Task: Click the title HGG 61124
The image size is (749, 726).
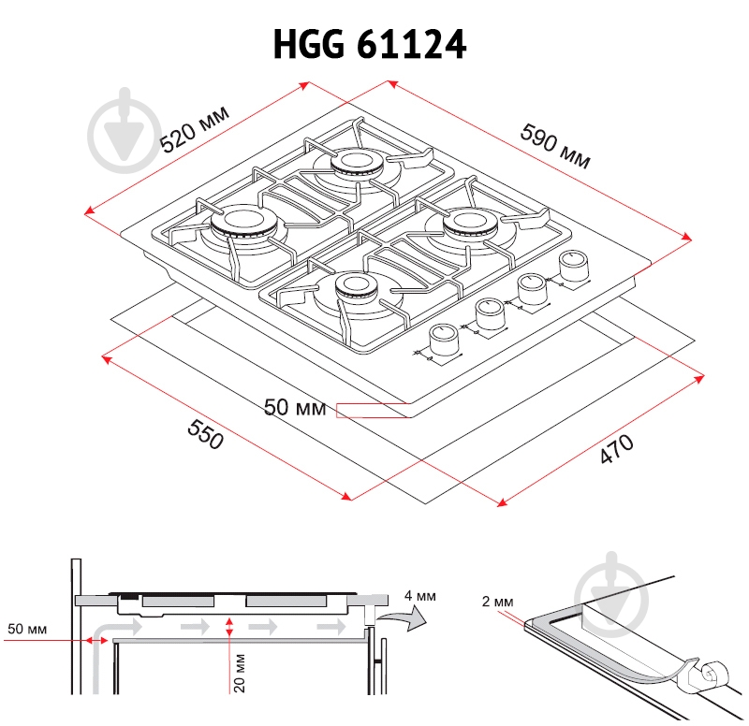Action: pyautogui.click(x=369, y=44)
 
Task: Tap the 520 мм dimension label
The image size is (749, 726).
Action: pyautogui.click(x=194, y=129)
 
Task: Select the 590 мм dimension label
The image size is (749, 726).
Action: pyautogui.click(x=555, y=146)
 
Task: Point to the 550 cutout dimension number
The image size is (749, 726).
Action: pyautogui.click(x=205, y=434)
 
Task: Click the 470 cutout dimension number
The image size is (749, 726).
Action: pyautogui.click(x=617, y=449)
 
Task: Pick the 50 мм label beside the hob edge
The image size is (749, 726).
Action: pyautogui.click(x=295, y=408)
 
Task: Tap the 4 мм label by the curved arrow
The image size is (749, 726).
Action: pyautogui.click(x=419, y=596)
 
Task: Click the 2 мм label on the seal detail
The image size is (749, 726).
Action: pyautogui.click(x=497, y=602)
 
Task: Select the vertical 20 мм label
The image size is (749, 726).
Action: pyautogui.click(x=239, y=673)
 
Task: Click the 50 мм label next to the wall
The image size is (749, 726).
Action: pyautogui.click(x=27, y=629)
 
